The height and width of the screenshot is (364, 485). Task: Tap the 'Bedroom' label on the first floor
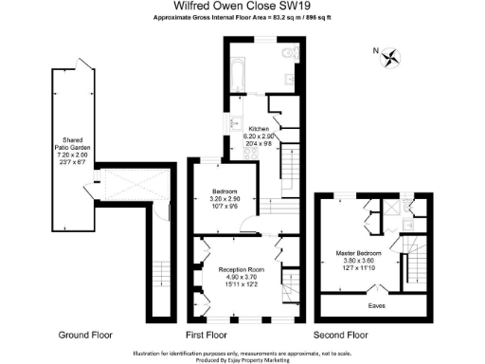(224, 191)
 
